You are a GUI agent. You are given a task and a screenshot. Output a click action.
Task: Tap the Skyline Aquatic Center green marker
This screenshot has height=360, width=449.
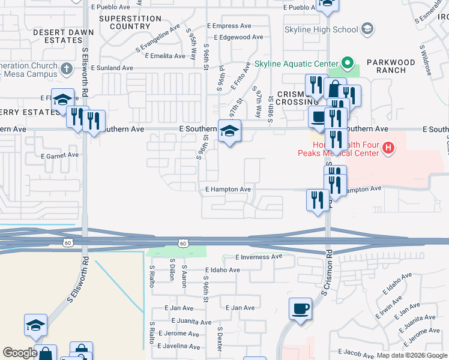pos(346,63)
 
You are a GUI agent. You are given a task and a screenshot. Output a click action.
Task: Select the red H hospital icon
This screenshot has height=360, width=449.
pos(388,147)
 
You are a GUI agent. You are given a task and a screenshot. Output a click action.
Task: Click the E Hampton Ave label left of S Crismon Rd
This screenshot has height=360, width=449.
pos(228,190)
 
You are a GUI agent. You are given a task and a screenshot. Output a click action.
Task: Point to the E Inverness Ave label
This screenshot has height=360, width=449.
pos(259,257)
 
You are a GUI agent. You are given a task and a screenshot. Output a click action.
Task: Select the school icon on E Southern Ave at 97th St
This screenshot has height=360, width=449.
pos(228,131)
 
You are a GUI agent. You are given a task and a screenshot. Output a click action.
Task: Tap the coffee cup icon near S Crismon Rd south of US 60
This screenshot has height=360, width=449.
pos(300,309)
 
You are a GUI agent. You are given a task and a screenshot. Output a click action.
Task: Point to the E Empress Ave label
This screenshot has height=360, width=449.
pos(229,26)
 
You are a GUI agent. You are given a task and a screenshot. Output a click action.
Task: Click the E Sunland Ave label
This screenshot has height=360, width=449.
pos(112,68)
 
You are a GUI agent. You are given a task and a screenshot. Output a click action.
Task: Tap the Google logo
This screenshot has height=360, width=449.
pos(20,353)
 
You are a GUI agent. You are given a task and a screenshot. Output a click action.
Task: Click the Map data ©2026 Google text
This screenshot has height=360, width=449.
pos(411,355)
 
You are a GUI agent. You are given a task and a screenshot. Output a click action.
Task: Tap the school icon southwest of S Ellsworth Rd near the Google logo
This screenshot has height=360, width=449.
pos(35,325)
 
